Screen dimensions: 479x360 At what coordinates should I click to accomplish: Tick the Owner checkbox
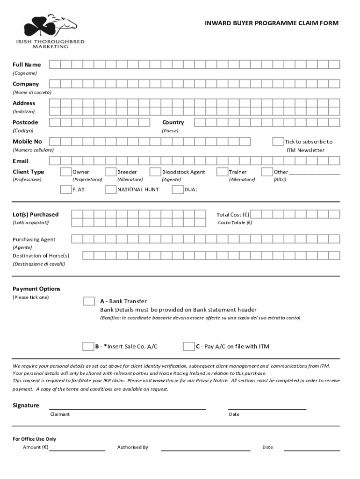tap(66, 172)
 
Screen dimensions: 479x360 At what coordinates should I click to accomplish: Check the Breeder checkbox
tap(110, 172)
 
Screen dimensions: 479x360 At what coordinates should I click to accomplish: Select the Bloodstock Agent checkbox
tap(155, 172)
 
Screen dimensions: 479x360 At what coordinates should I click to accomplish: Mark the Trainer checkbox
tap(222, 172)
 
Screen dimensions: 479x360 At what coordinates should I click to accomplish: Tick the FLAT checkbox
tap(66, 189)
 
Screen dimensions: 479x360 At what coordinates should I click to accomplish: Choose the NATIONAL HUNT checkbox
tap(110, 189)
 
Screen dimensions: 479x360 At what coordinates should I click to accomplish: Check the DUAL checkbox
tap(178, 189)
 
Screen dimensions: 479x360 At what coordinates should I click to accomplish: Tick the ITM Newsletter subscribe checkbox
tap(278, 142)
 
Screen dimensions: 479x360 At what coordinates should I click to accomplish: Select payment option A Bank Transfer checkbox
tap(89, 301)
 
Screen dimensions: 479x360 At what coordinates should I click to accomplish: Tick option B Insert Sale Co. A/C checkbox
tap(88, 347)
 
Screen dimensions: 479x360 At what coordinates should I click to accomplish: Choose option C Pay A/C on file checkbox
tap(188, 347)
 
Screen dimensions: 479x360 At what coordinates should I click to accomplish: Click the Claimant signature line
tap(127, 408)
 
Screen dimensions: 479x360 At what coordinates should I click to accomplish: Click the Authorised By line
tap(205, 450)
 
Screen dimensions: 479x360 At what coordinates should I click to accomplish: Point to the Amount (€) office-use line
tap(77, 450)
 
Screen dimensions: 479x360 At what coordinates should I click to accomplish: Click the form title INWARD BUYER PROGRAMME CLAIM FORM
tap(272, 23)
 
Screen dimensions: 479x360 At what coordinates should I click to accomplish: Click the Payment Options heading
tap(36, 289)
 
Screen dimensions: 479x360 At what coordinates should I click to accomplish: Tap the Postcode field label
tap(25, 123)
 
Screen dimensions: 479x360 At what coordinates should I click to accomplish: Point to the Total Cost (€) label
tap(232, 215)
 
